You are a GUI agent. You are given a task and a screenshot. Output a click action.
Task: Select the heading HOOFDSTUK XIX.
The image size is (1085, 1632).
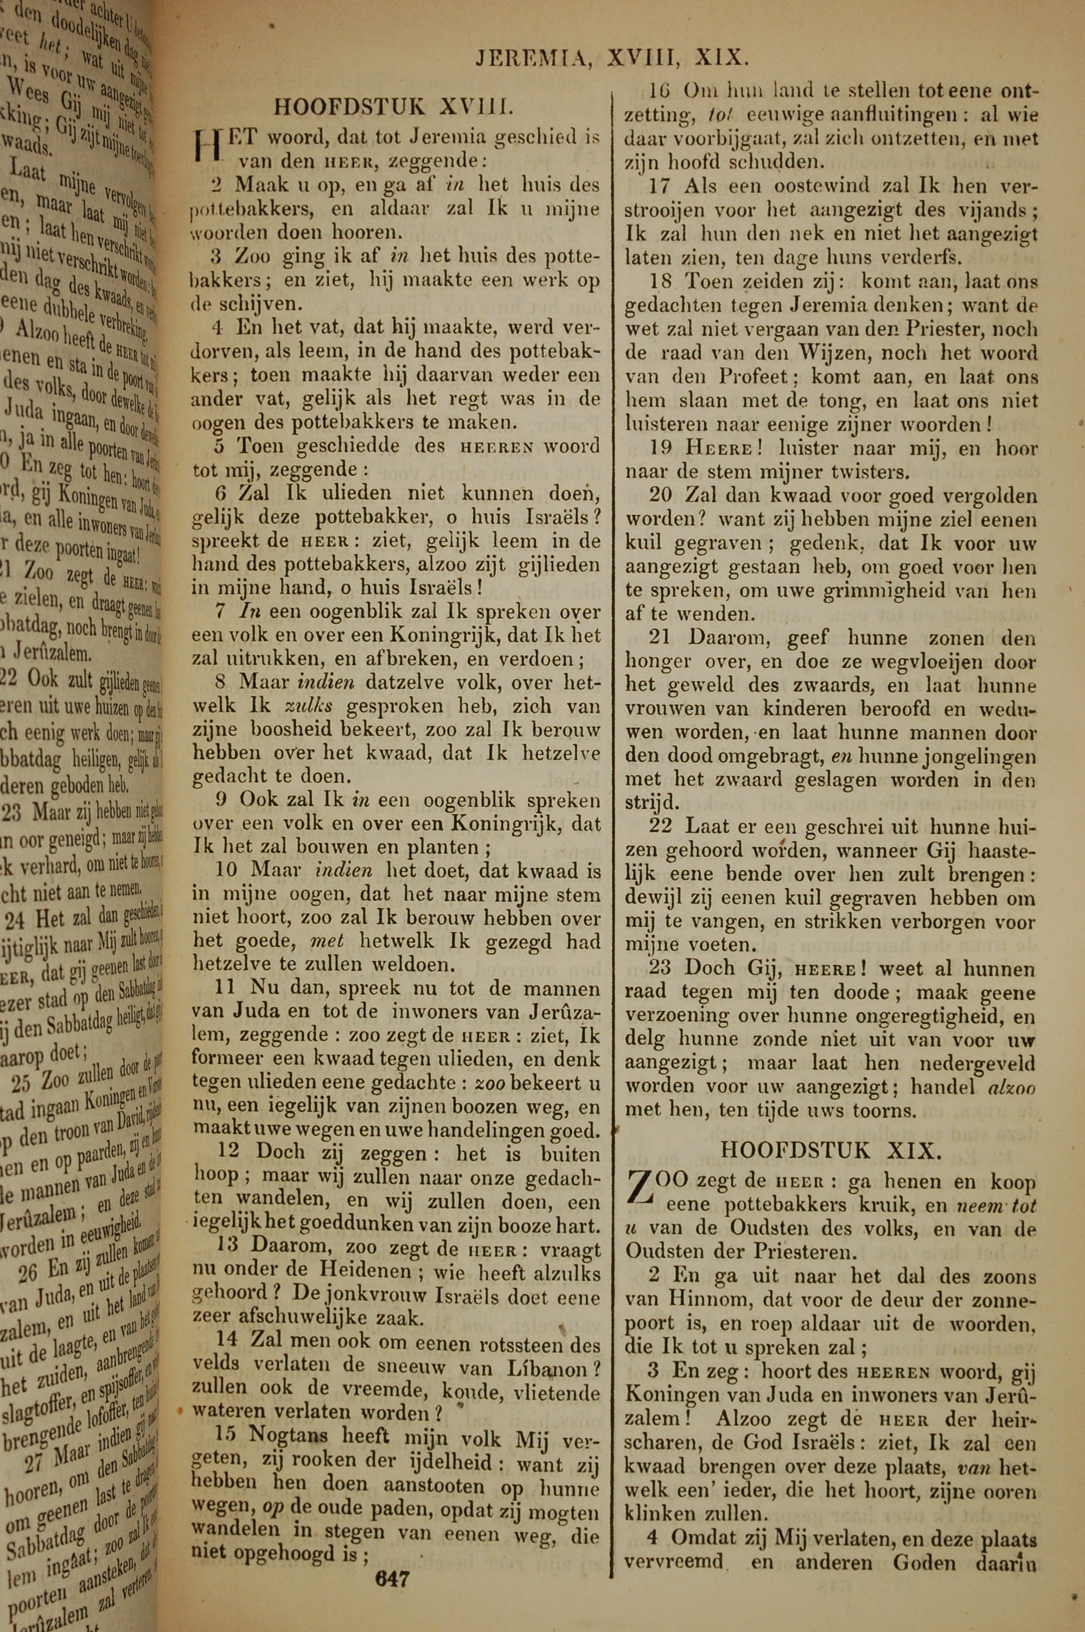coord(831,1150)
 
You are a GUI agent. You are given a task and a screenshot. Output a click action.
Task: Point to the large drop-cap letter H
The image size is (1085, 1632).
coord(206,146)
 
